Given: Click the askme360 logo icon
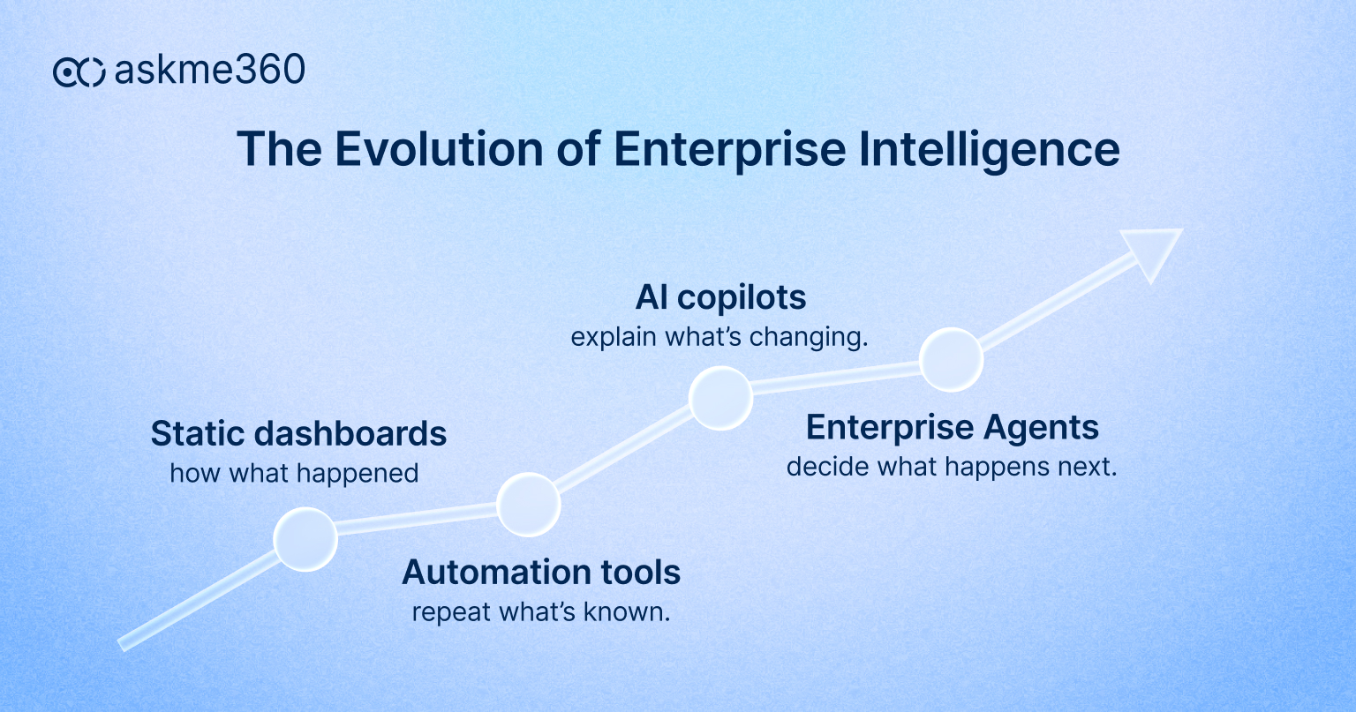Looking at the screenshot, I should coord(79,71).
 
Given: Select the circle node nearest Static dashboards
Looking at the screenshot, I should coord(305,539).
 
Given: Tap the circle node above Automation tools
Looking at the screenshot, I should coord(528,504).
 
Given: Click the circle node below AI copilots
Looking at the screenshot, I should coord(720,398).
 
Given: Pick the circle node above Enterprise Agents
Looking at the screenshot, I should coord(951,359).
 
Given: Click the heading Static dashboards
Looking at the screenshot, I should coord(298,434).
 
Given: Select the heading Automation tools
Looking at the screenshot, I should coord(541,573).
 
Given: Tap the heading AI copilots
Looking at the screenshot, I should coord(720,298).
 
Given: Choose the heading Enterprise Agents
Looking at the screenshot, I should coord(952,428).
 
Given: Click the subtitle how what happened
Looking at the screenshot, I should coord(294,474).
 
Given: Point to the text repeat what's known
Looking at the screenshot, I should coord(541,611).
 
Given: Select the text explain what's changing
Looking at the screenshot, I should coord(719,337).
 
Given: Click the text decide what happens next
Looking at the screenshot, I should coord(952,467).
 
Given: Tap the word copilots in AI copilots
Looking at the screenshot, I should coord(742,298).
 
